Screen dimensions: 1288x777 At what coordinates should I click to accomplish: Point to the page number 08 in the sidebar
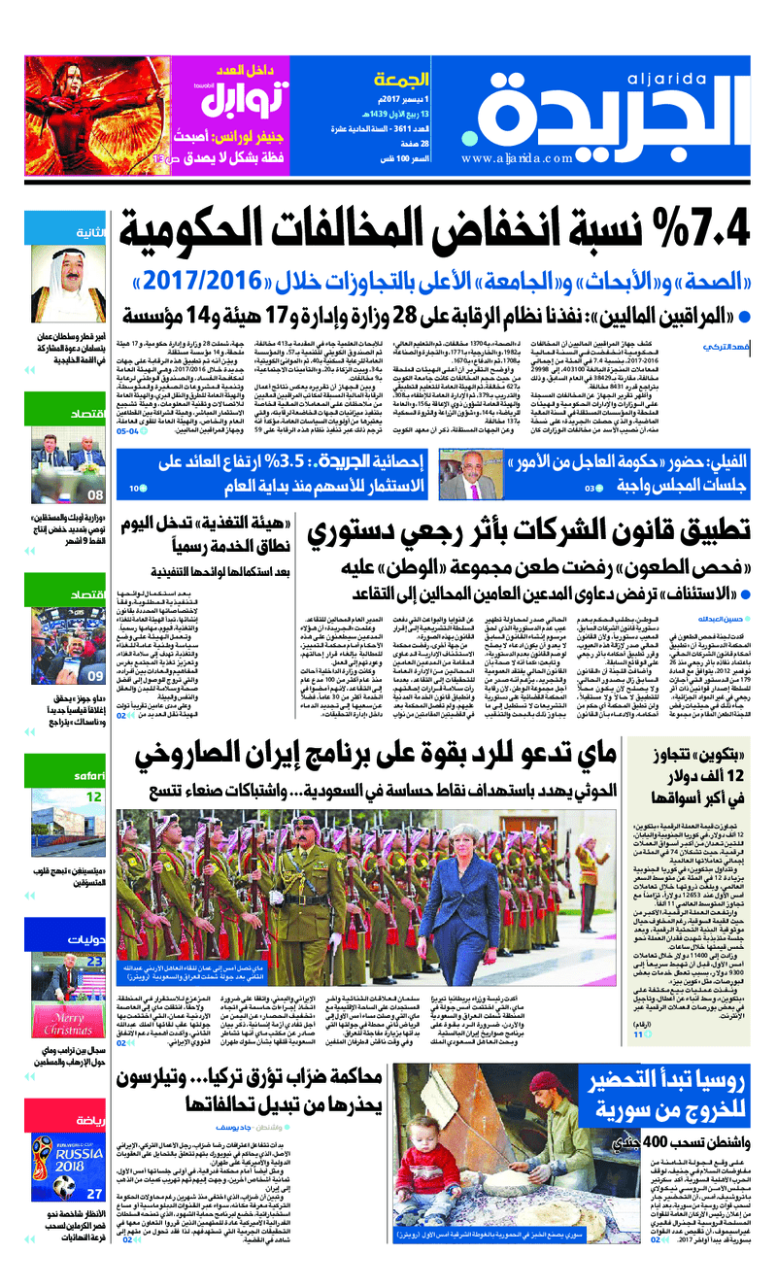[95, 493]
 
